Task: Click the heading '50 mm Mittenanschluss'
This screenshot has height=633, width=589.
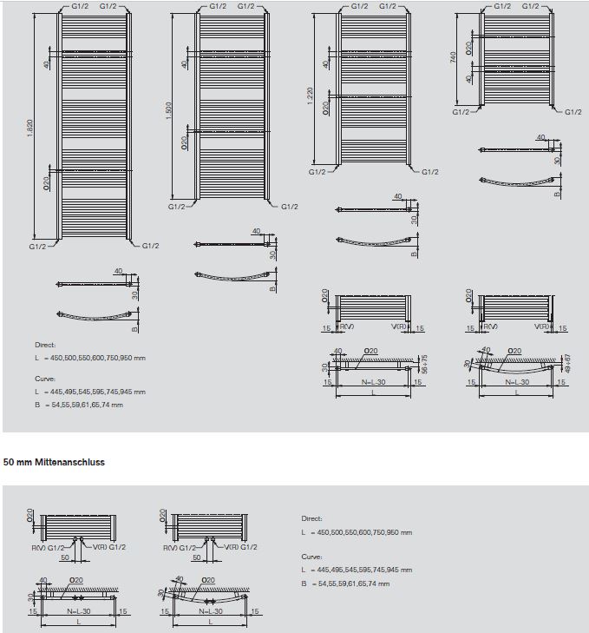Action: click(x=55, y=463)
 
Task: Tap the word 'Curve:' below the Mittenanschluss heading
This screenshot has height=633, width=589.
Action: click(x=311, y=557)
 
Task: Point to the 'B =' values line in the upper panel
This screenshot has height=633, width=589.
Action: click(x=79, y=404)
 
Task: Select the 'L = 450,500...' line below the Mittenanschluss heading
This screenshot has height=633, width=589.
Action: click(x=357, y=532)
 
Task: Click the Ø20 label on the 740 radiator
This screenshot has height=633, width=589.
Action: click(x=468, y=47)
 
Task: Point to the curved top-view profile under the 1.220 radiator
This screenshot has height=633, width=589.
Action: click(x=373, y=241)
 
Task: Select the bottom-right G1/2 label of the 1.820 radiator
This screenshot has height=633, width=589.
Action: click(x=150, y=246)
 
